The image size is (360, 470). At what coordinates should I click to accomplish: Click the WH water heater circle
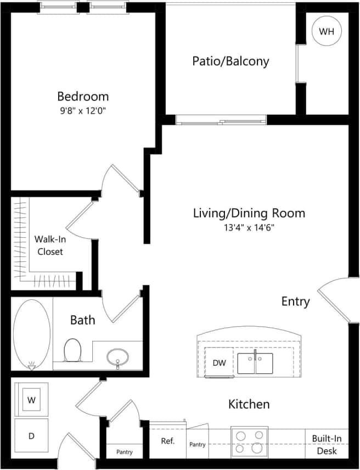pyautogui.click(x=327, y=31)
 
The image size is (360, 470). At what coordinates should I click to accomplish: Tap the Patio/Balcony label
pyautogui.click(x=230, y=61)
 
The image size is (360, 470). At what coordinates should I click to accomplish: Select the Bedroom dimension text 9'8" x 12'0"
pyautogui.click(x=82, y=110)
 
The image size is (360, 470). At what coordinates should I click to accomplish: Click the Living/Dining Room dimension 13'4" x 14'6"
pyautogui.click(x=249, y=227)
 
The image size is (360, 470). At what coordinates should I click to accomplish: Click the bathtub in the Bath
pyautogui.click(x=32, y=333)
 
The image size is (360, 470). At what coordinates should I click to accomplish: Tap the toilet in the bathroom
pyautogui.click(x=72, y=350)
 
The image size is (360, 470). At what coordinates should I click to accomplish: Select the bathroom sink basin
pyautogui.click(x=117, y=357)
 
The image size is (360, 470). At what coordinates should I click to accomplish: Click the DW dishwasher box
pyautogui.click(x=218, y=363)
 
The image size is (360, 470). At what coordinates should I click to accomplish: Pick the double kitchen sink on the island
pyautogui.click(x=255, y=363)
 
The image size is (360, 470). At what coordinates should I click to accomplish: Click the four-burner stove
pyautogui.click(x=250, y=441)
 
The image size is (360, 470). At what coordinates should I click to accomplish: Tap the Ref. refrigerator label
pyautogui.click(x=167, y=441)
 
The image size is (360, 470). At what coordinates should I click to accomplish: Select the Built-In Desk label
pyautogui.click(x=327, y=445)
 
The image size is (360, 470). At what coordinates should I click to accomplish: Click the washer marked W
pyautogui.click(x=31, y=400)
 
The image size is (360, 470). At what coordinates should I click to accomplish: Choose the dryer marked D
pyautogui.click(x=31, y=436)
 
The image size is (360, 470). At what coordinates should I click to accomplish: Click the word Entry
pyautogui.click(x=295, y=301)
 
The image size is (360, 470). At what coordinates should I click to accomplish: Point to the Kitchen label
pyautogui.click(x=249, y=405)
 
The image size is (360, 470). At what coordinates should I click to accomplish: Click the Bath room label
pyautogui.click(x=82, y=320)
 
